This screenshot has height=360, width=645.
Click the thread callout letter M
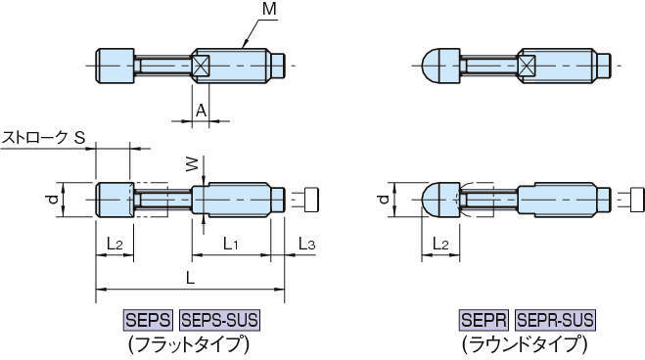(x=269, y=9)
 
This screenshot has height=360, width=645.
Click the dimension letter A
(x=201, y=111)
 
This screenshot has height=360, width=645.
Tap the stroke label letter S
(x=79, y=137)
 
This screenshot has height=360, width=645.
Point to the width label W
(x=192, y=164)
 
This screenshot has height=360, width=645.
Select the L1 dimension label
(x=230, y=245)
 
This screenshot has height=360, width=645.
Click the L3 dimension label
(x=306, y=245)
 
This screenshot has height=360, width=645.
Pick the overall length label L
(x=190, y=279)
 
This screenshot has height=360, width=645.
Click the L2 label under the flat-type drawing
(x=115, y=245)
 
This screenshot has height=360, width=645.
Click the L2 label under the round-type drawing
(x=440, y=245)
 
